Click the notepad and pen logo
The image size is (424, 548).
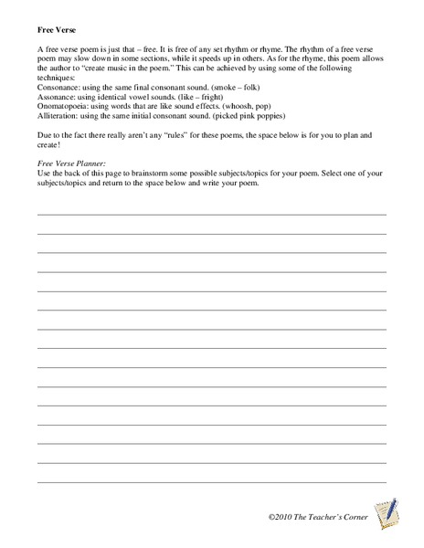[x=385, y=511]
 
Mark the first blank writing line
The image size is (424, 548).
[x=211, y=213]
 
